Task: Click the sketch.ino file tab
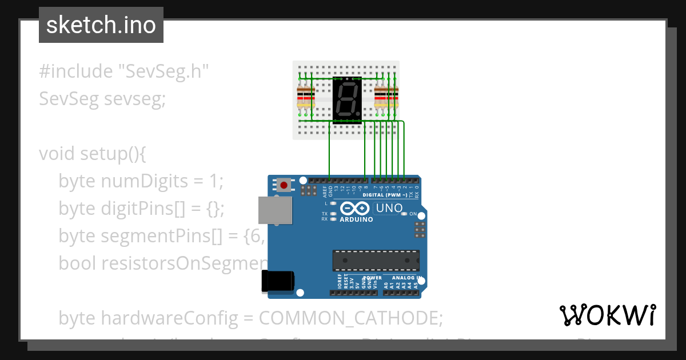(101, 25)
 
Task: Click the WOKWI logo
(607, 315)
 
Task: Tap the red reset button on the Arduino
(284, 185)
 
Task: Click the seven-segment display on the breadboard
(347, 99)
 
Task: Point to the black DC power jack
(277, 281)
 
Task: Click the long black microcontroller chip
(376, 260)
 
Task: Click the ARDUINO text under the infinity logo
(356, 219)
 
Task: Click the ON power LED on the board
(404, 214)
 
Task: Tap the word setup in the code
(106, 154)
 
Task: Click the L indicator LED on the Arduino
(333, 203)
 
